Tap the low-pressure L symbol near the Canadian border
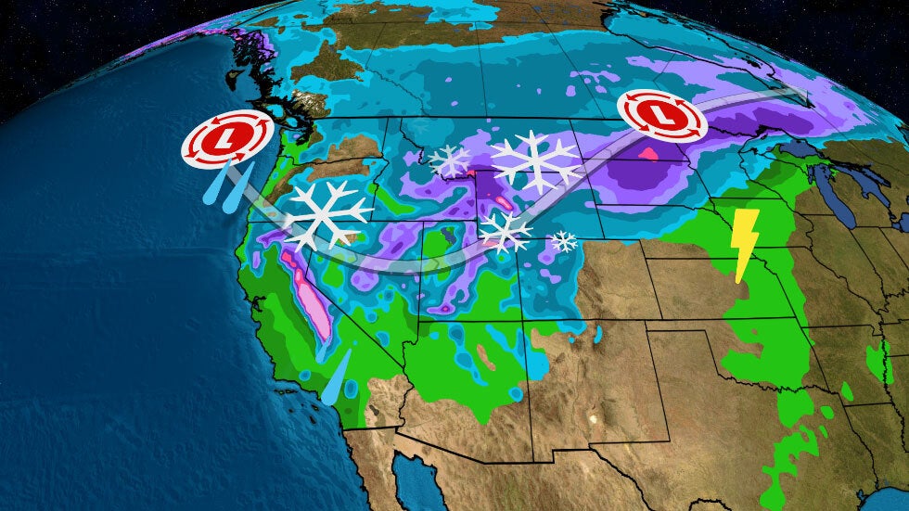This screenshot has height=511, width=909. point(659,114)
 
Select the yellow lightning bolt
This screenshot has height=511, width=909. point(745,244)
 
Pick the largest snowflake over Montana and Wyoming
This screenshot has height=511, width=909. point(536,162)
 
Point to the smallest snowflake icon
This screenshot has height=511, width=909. point(563,242)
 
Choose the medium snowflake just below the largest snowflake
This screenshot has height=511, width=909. point(505,231)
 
